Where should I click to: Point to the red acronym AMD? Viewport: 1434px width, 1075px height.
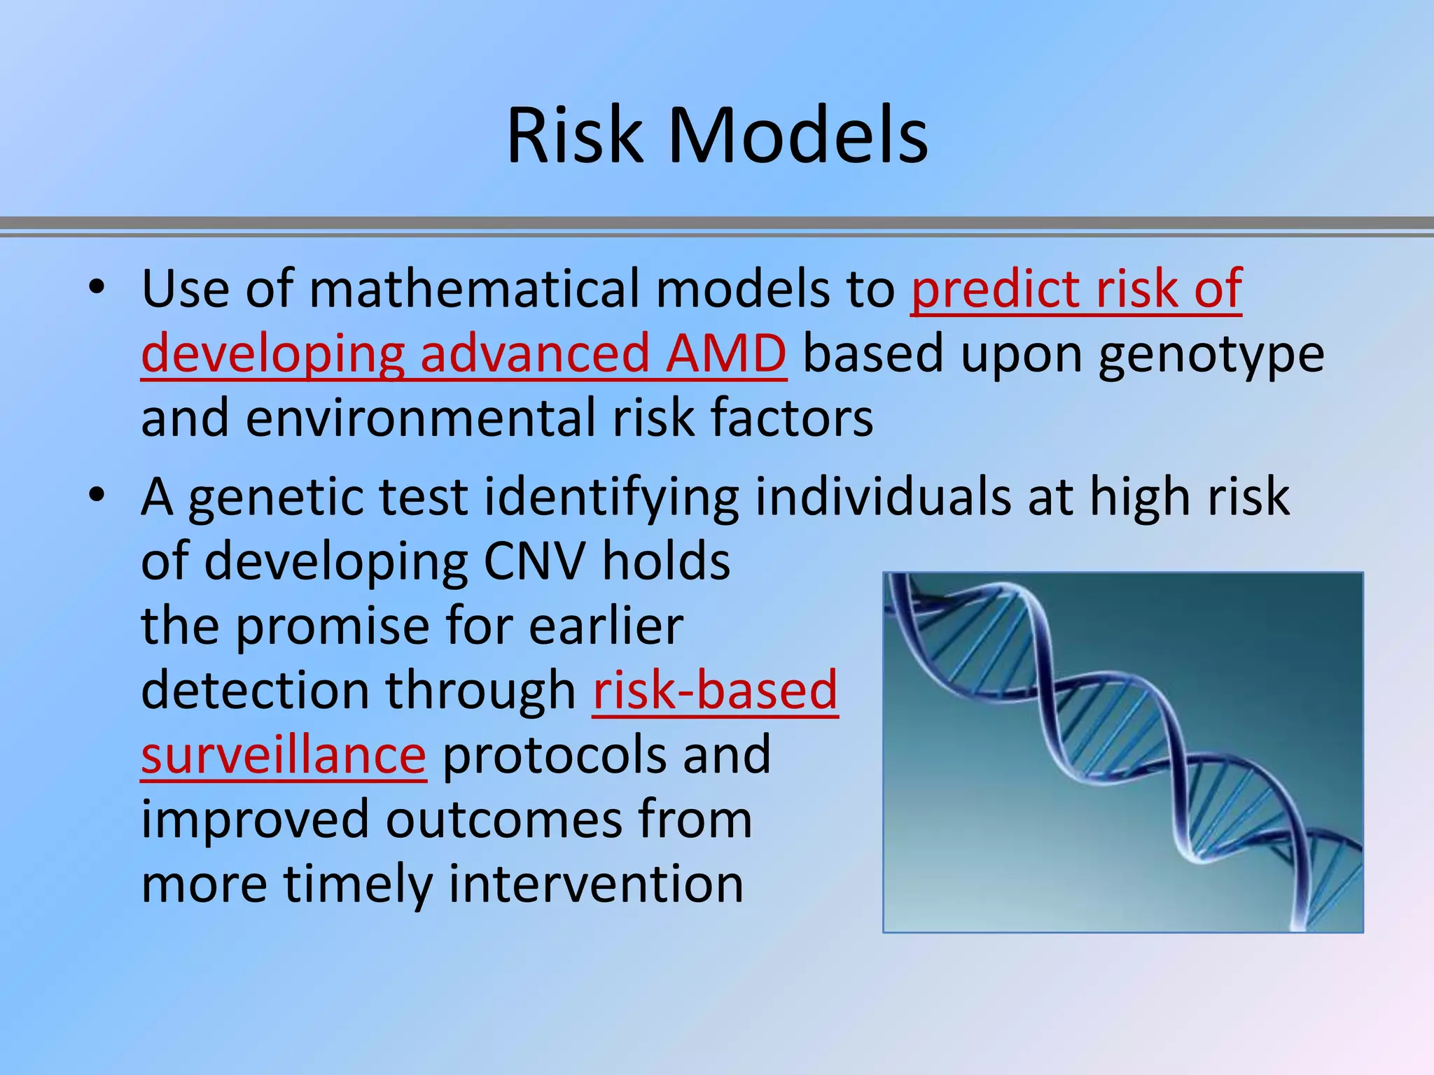[x=725, y=353]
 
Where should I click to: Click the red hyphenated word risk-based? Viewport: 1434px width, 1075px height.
[x=715, y=691]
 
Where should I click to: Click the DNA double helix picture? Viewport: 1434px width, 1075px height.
[x=1122, y=752]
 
